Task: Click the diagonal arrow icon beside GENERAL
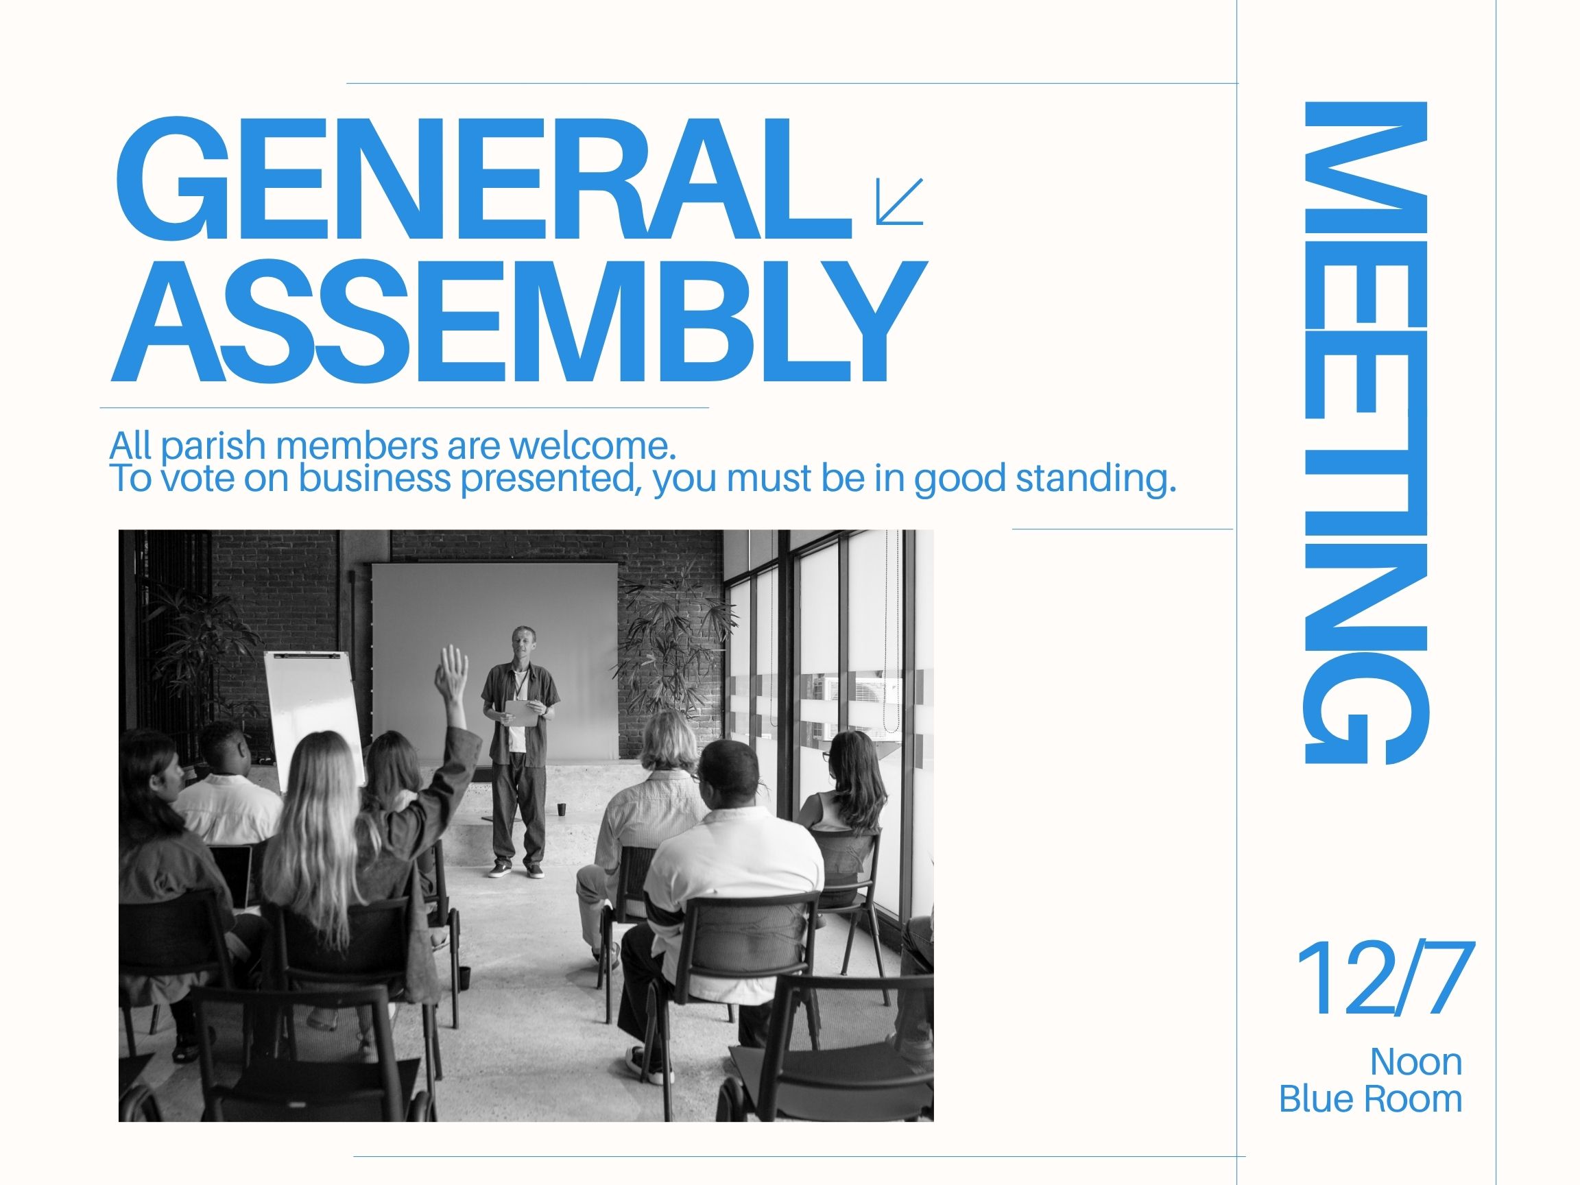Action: (899, 201)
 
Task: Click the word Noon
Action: (1415, 1062)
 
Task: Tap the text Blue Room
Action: (1370, 1099)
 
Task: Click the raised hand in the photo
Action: (452, 670)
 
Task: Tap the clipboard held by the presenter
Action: (521, 714)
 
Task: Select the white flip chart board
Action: (313, 718)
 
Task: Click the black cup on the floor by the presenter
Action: (562, 809)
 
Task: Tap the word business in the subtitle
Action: (375, 479)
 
